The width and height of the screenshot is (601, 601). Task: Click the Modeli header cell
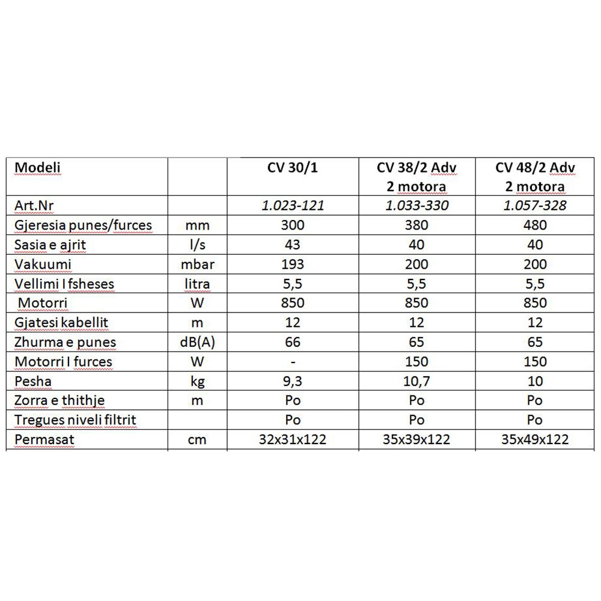click(x=38, y=166)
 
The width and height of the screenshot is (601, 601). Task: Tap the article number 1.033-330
click(x=416, y=206)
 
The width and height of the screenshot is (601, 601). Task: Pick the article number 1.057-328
click(x=535, y=206)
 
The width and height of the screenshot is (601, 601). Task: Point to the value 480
click(x=535, y=225)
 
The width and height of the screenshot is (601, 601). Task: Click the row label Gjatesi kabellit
click(x=60, y=323)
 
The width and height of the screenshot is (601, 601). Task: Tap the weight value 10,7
click(x=416, y=381)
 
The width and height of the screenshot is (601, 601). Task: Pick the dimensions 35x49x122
click(x=535, y=439)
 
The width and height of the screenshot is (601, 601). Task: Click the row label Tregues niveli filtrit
click(x=74, y=420)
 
